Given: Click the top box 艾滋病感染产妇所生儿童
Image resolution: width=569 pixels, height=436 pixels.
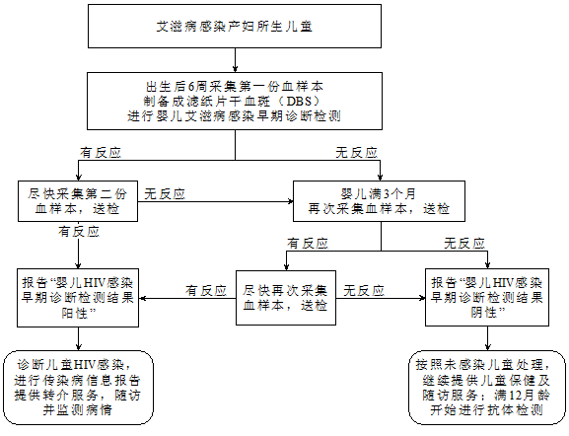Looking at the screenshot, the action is pyautogui.click(x=235, y=26).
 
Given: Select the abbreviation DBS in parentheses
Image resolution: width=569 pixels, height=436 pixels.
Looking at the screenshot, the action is pyautogui.click(x=299, y=102).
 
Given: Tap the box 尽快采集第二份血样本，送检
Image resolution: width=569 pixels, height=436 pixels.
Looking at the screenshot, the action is pyautogui.click(x=78, y=201).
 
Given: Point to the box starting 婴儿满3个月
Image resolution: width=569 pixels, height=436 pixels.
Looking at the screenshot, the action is pyautogui.click(x=379, y=201).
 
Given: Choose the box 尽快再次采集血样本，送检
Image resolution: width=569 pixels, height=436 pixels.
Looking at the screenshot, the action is pyautogui.click(x=286, y=298).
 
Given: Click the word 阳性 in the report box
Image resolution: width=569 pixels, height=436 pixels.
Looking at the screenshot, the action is pyautogui.click(x=74, y=313).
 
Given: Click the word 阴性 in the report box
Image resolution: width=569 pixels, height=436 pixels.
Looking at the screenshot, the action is pyautogui.click(x=484, y=313).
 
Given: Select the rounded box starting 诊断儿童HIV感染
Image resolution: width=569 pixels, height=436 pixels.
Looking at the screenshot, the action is pyautogui.click(x=78, y=388).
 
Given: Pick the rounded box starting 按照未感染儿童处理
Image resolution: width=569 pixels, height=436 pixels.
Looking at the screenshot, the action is pyautogui.click(x=487, y=388).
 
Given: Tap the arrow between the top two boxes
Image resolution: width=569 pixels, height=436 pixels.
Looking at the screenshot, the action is pyautogui.click(x=235, y=60).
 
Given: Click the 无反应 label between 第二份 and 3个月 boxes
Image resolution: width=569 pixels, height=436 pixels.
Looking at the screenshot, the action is pyautogui.click(x=165, y=194).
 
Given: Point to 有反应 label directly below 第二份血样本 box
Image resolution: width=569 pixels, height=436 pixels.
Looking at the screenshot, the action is pyautogui.click(x=79, y=232).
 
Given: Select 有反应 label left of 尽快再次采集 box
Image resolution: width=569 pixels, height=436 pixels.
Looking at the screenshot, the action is pyautogui.click(x=206, y=290).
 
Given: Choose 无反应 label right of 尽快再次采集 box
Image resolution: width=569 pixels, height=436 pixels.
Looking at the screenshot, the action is pyautogui.click(x=364, y=290).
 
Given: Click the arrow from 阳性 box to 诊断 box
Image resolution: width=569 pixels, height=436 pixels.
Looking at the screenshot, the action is pyautogui.click(x=78, y=338).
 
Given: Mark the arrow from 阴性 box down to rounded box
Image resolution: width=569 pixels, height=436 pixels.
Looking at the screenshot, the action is pyautogui.click(x=488, y=338).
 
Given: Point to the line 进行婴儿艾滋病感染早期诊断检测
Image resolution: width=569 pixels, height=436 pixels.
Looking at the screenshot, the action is pyautogui.click(x=234, y=116).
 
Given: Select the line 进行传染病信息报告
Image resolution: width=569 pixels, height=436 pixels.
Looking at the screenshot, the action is pyautogui.click(x=77, y=380).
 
